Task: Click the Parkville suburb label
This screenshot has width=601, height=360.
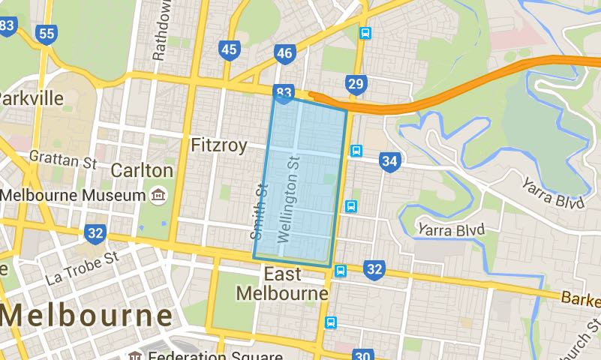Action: pos(31,98)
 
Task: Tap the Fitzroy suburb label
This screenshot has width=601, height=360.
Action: pos(218,145)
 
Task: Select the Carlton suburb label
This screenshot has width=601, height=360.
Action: pos(141,170)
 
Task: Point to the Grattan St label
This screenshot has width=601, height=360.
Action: pos(64,158)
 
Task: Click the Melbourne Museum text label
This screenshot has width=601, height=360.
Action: pos(73,195)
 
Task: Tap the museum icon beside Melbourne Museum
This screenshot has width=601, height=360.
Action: pos(158,195)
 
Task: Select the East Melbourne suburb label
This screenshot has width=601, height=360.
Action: pos(282,283)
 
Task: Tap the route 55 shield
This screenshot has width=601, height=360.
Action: pos(47,34)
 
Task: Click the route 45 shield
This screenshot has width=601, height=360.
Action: pos(230,50)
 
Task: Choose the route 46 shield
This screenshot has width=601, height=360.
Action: pos(284,53)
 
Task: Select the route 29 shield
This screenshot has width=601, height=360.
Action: pos(356,83)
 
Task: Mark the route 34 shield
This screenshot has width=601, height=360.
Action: pos(389,160)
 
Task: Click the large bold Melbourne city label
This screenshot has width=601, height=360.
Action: pos(86,315)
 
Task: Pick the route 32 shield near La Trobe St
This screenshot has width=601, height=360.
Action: pos(95,232)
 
